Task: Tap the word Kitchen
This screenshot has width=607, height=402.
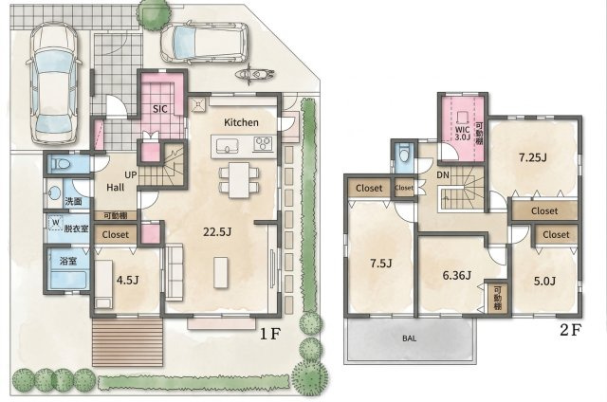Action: (x=242, y=123)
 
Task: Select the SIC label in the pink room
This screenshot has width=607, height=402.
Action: (x=161, y=109)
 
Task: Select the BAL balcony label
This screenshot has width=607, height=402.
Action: (x=409, y=337)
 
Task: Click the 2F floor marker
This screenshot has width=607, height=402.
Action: (x=569, y=329)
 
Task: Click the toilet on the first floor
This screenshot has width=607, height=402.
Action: (x=62, y=164)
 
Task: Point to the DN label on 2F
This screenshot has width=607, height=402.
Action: (x=443, y=175)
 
